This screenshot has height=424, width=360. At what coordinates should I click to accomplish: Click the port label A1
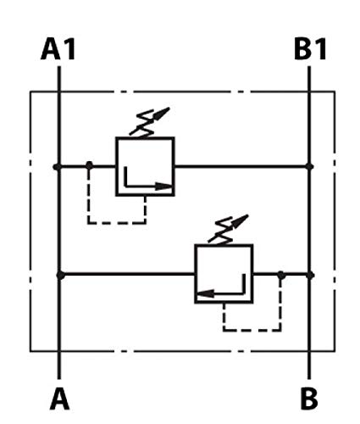click(x=58, y=49)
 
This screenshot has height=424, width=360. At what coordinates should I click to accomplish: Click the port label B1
click(x=310, y=49)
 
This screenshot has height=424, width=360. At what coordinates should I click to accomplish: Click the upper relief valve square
click(x=116, y=166)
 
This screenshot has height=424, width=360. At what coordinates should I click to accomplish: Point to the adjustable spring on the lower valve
click(x=228, y=229)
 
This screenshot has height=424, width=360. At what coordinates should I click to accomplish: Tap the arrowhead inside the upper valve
click(x=163, y=187)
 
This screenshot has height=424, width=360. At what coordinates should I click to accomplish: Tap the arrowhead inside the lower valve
click(x=204, y=293)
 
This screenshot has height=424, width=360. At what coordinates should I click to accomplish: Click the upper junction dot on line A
click(x=57, y=167)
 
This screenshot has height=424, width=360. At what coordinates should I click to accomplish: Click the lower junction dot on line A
click(x=60, y=275)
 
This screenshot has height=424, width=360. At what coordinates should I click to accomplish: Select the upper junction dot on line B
click(x=310, y=166)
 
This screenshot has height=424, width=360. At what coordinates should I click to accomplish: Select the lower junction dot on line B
click(x=310, y=275)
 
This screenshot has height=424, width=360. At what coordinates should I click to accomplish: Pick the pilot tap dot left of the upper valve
click(x=89, y=165)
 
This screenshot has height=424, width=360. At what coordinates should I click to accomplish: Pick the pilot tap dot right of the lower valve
click(x=280, y=274)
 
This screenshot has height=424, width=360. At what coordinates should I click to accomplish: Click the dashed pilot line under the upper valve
click(x=116, y=223)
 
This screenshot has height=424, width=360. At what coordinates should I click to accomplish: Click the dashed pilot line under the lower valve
click(x=252, y=330)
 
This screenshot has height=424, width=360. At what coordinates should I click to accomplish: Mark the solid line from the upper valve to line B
click(x=241, y=166)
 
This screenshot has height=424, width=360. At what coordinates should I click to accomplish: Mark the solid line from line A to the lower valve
click(x=128, y=274)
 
